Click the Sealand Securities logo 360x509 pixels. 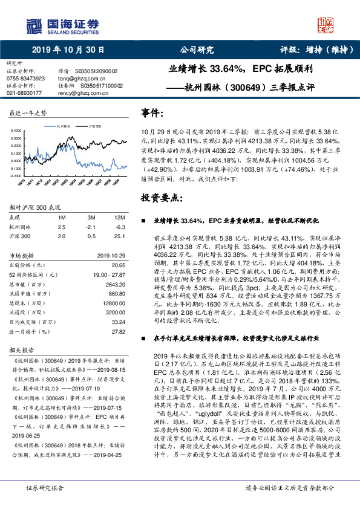(x=57, y=25)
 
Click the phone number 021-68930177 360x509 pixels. (x=24, y=93)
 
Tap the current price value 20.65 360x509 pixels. (x=118, y=265)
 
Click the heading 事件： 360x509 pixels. (x=152, y=113)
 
